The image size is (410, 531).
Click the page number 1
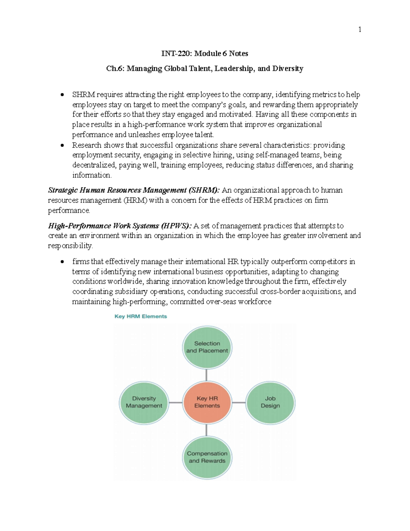(x=359, y=30)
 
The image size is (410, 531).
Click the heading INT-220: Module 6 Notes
(x=205, y=53)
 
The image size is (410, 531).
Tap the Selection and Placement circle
(x=207, y=347)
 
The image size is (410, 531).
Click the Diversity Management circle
(x=144, y=402)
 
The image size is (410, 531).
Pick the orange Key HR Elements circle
(x=207, y=402)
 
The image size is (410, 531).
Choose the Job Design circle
(x=270, y=402)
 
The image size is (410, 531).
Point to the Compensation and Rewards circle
(x=207, y=457)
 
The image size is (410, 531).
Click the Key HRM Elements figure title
(x=141, y=316)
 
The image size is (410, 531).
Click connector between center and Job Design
(x=239, y=402)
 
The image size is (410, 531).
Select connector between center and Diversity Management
(x=176, y=402)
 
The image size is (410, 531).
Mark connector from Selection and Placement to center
(x=207, y=375)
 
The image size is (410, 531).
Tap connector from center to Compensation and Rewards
(x=207, y=430)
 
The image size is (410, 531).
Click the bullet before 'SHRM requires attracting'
(x=62, y=95)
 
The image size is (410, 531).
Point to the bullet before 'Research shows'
(x=62, y=145)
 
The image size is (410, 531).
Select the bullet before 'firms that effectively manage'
(x=62, y=262)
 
